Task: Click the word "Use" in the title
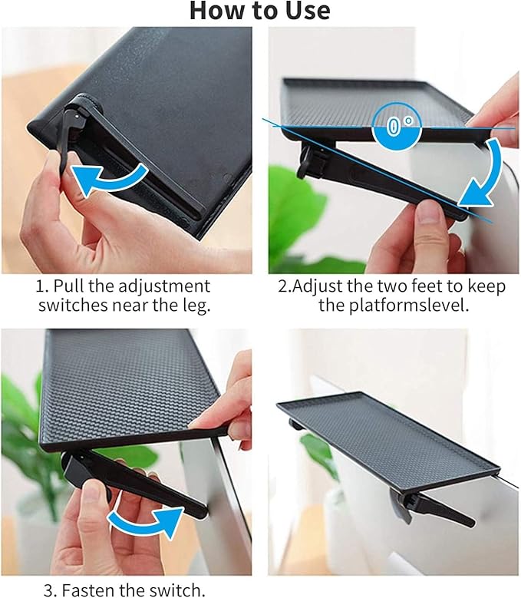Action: click(x=308, y=10)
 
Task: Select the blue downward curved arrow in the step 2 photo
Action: click(x=483, y=176)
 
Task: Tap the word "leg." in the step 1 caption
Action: click(x=196, y=306)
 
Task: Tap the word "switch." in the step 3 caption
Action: click(x=176, y=590)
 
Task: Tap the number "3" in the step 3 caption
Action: click(x=48, y=590)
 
